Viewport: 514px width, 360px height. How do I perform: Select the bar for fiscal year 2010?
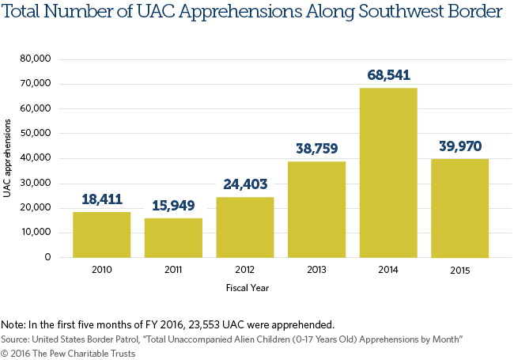click(101, 234)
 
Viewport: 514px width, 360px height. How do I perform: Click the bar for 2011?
click(173, 237)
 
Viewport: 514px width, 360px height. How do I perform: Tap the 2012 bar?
click(245, 227)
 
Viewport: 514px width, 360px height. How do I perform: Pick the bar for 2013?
click(316, 209)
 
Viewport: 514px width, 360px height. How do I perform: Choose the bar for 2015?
click(459, 208)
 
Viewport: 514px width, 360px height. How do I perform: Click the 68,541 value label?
click(388, 76)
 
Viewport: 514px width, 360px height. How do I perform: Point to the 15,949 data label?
click(173, 207)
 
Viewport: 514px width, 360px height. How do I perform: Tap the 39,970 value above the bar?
click(459, 146)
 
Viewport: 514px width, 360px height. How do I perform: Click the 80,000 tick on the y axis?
click(37, 59)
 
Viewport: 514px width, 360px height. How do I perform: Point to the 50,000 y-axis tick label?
click(37, 134)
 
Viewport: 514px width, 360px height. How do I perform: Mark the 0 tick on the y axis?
click(49, 257)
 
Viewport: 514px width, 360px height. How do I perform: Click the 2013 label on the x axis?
click(316, 271)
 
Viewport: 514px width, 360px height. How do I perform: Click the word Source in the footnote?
click(15, 338)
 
